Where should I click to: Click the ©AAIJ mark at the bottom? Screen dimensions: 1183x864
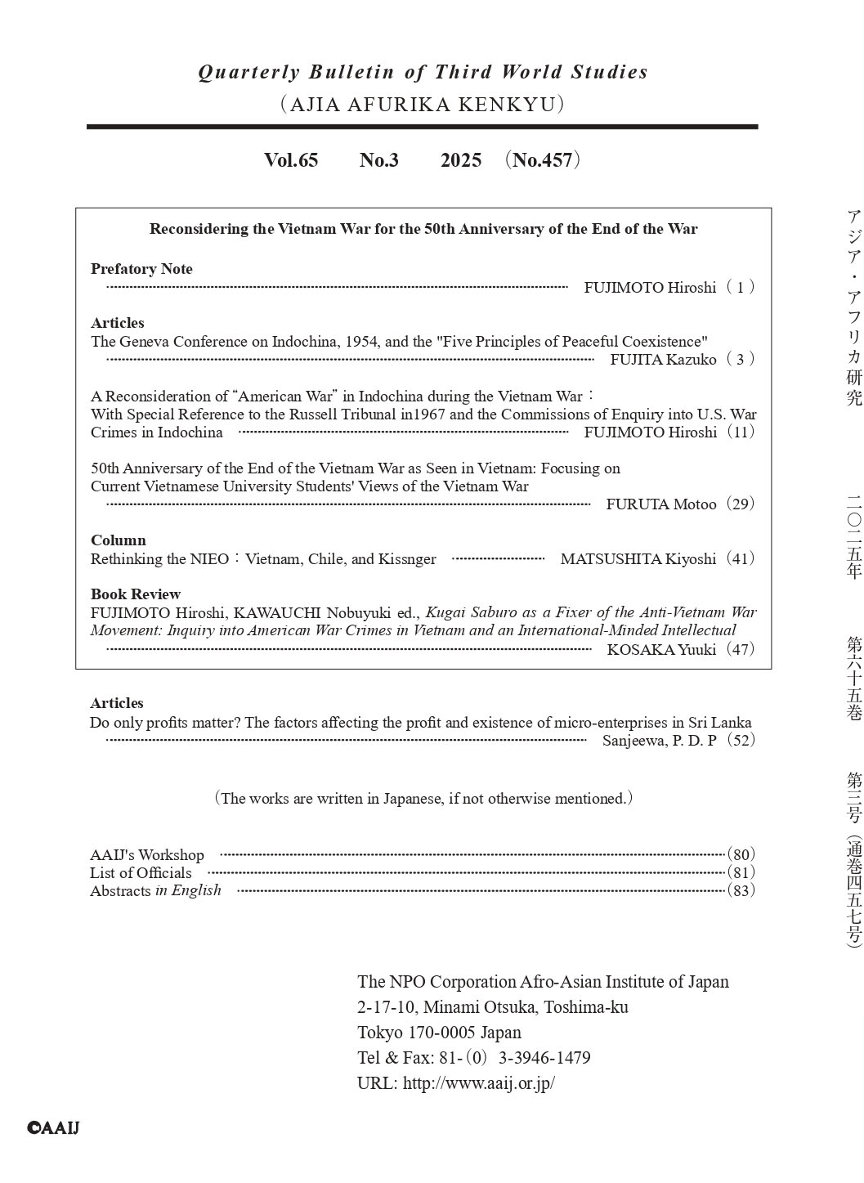coord(53,1128)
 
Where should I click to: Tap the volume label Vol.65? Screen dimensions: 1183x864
coord(291,160)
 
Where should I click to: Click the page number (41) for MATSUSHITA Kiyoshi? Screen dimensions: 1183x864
coord(741,559)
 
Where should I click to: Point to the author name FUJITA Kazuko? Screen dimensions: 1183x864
coord(663,360)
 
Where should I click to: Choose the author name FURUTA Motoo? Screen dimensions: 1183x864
coord(660,504)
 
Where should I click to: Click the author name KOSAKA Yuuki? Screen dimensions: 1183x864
coord(661,650)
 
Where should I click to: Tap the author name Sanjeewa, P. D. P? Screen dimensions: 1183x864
coord(659,741)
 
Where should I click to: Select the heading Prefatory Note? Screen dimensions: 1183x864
coord(141,269)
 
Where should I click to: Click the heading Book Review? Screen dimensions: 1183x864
coord(136,594)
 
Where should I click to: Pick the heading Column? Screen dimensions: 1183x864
coord(119,540)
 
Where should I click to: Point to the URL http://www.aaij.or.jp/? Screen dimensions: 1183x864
coord(479,1083)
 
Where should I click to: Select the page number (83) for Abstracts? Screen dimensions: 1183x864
coord(741,891)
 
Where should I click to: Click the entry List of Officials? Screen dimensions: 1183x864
coord(141,873)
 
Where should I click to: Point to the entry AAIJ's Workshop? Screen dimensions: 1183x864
coord(147,855)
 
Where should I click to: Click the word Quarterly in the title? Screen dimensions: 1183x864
coord(249,72)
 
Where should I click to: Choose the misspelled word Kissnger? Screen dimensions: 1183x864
coord(406,559)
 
